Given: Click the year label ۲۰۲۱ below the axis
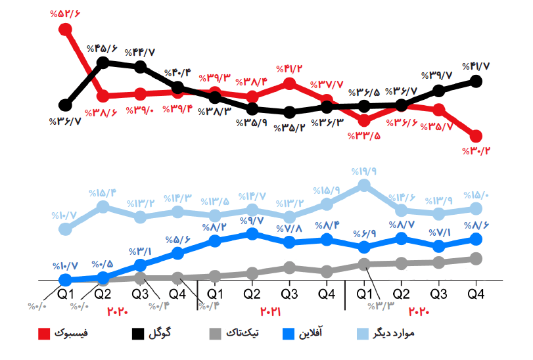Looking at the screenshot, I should tap(270, 311).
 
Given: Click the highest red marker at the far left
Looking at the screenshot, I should tap(65, 29).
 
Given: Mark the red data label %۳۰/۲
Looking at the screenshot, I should tap(478, 150).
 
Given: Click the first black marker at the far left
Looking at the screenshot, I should tap(65, 105).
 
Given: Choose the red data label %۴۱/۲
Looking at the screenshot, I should tap(290, 68).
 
